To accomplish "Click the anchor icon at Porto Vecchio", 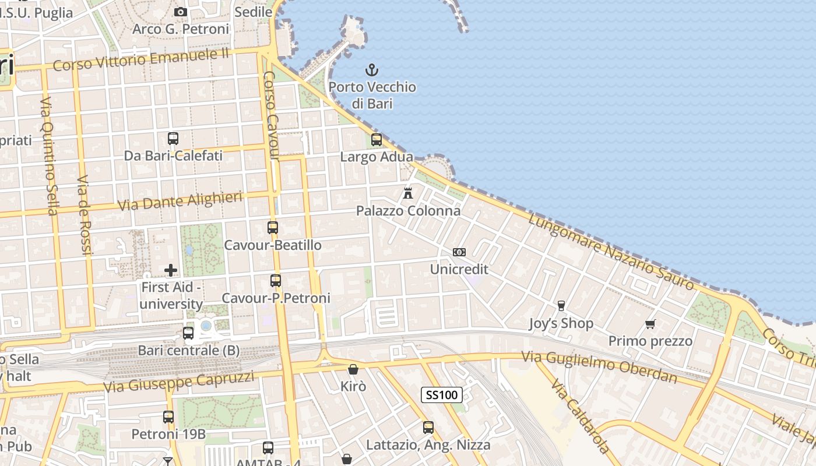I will tap(372, 70).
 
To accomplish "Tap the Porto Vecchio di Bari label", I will tap(372, 96).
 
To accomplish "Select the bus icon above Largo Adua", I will tap(377, 140).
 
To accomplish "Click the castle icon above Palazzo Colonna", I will tap(408, 193).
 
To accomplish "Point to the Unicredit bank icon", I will tap(459, 252).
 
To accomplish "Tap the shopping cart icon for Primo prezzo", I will tap(650, 324).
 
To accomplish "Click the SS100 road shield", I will tap(442, 395).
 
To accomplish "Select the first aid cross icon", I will tap(171, 270).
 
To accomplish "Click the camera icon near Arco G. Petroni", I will tap(181, 12).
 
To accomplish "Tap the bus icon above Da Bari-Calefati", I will tap(173, 139).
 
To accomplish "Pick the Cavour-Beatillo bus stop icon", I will tap(273, 228).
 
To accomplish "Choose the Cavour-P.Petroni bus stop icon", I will tap(276, 281).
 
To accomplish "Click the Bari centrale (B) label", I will tap(189, 351).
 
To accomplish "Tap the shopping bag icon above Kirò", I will tap(353, 369).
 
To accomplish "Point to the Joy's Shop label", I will tap(561, 323).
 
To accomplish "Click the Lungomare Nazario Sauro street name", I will tap(611, 252).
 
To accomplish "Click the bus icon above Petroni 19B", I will tap(168, 417).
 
